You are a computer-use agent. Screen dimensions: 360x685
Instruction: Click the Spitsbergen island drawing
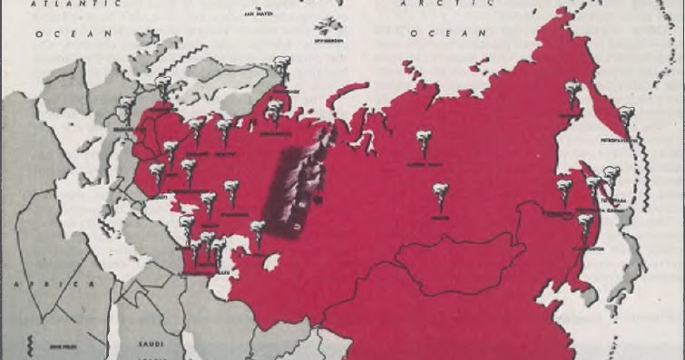[324, 28]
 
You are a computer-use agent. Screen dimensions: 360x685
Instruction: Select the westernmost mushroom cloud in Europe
[124, 108]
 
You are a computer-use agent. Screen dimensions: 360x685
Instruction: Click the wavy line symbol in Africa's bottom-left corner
[30, 345]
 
